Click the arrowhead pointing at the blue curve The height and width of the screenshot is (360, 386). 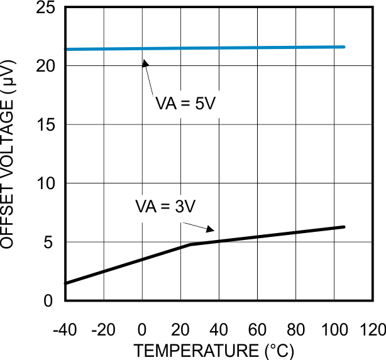pyautogui.click(x=145, y=63)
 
